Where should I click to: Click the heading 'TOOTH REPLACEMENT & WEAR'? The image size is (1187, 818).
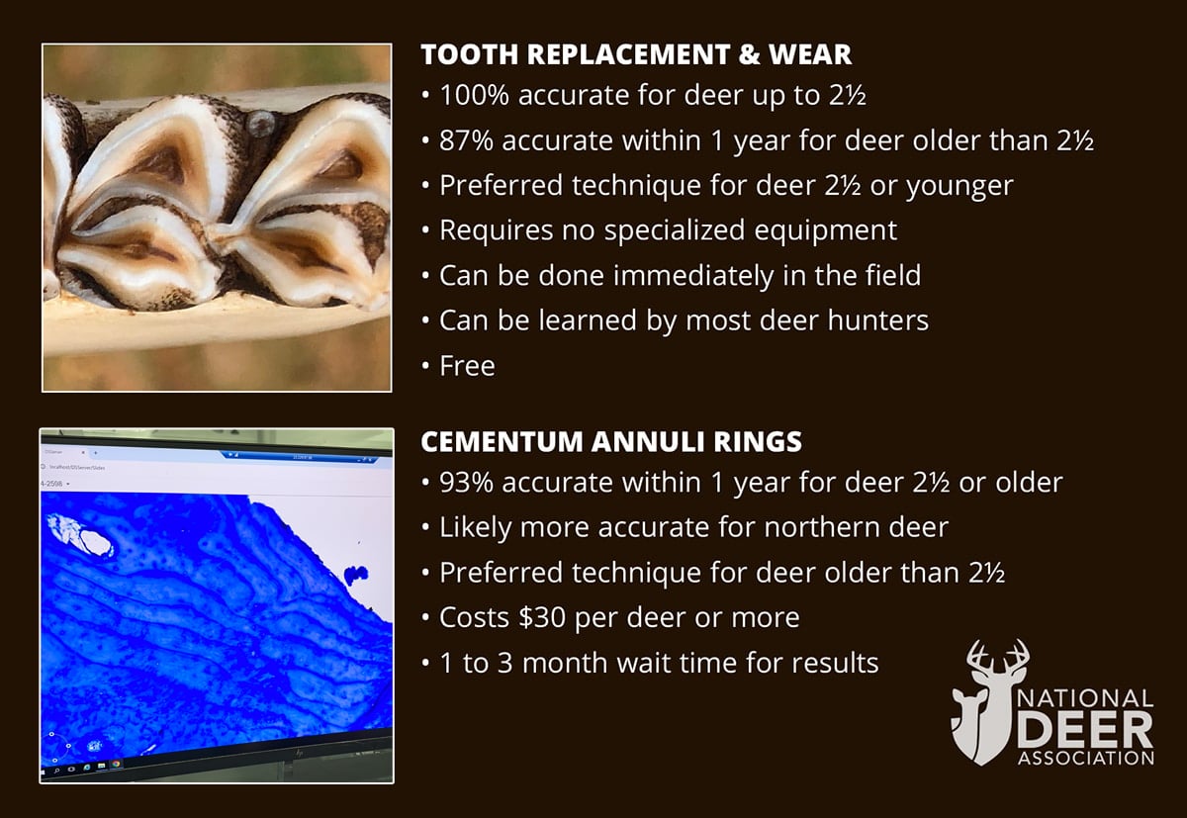pos(636,54)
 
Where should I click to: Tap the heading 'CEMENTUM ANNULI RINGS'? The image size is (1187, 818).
pos(611,442)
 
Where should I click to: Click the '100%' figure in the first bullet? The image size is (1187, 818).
pos(474,96)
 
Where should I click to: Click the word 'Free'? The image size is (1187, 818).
pos(467,366)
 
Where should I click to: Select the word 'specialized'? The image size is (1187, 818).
pos(674,231)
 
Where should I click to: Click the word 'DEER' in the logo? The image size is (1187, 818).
pos(1085,730)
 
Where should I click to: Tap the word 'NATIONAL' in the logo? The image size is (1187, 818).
pos(1085,698)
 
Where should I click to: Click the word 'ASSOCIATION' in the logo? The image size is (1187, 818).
pos(1085,758)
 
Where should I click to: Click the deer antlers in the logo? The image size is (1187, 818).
pos(997,660)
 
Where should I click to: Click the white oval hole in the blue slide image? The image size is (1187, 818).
pos(96,542)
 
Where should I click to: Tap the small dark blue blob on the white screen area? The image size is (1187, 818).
pos(356,575)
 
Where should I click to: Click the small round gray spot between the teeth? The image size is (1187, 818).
pos(259,124)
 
